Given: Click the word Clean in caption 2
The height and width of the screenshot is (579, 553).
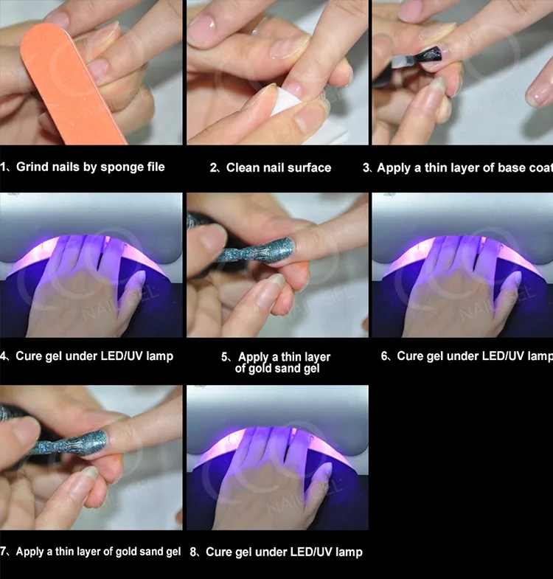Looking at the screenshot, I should [x=243, y=168].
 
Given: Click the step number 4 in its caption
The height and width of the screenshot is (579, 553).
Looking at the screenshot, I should [x=4, y=356].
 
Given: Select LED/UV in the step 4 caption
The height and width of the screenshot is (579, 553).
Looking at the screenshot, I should [x=117, y=356].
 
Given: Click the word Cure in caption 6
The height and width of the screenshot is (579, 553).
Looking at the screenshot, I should [x=410, y=356].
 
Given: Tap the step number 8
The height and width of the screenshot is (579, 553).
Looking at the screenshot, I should [x=192, y=552].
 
